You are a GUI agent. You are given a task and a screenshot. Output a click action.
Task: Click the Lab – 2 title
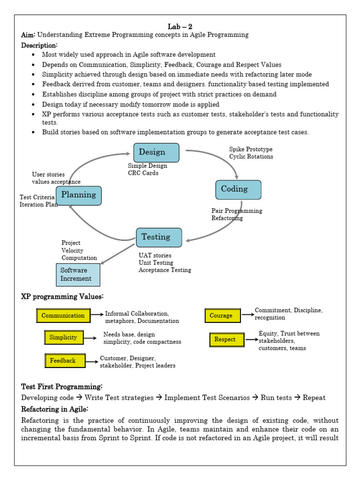click(180, 27)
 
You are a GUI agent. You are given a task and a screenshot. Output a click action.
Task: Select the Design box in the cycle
click(156, 152)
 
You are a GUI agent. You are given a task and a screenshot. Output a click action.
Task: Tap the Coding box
click(238, 190)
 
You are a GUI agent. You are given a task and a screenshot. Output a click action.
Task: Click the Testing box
click(159, 238)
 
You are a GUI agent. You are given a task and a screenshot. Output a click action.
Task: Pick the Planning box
click(79, 195)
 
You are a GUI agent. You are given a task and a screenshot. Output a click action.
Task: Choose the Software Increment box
click(78, 275)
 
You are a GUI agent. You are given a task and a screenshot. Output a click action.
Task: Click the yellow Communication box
click(63, 315)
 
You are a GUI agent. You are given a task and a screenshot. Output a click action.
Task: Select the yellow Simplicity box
click(64, 337)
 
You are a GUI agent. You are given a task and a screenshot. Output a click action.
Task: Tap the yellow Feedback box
click(65, 360)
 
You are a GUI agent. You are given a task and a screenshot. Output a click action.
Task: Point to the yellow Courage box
click(223, 315)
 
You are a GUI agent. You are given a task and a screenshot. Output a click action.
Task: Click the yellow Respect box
click(227, 339)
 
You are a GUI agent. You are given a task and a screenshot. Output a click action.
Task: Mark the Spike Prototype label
click(251, 149)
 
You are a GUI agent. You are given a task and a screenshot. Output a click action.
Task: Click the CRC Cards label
click(143, 173)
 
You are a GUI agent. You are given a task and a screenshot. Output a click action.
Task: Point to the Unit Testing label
click(156, 262)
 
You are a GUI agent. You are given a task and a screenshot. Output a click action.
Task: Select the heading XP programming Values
click(62, 297)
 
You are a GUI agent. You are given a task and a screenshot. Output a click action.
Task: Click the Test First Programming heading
click(61, 387)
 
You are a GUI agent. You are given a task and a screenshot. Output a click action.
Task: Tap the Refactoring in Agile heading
click(54, 409)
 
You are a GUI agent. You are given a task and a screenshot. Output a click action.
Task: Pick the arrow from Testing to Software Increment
click(118, 254)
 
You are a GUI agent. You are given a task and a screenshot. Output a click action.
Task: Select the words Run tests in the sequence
click(276, 397)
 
